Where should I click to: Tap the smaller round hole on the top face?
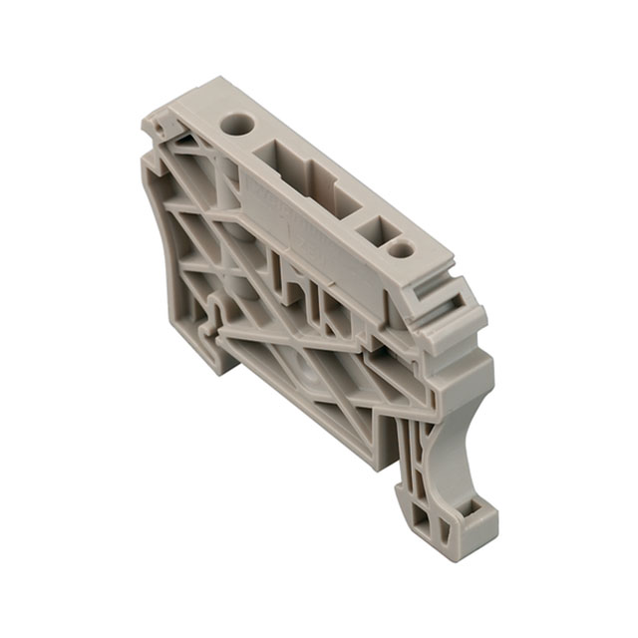(401, 248)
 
